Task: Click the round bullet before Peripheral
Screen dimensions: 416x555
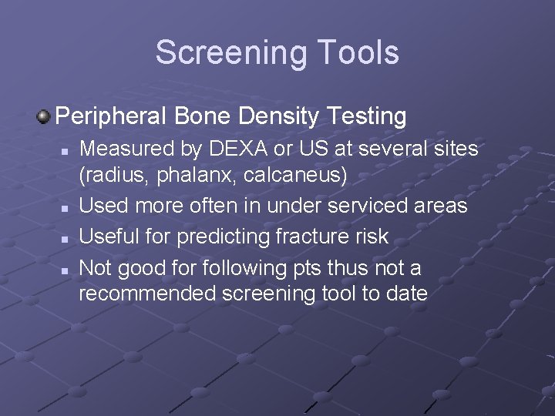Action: pos(44,117)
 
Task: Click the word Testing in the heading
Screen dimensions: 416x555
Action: pos(366,116)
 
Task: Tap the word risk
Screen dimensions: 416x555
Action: pos(371,236)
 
